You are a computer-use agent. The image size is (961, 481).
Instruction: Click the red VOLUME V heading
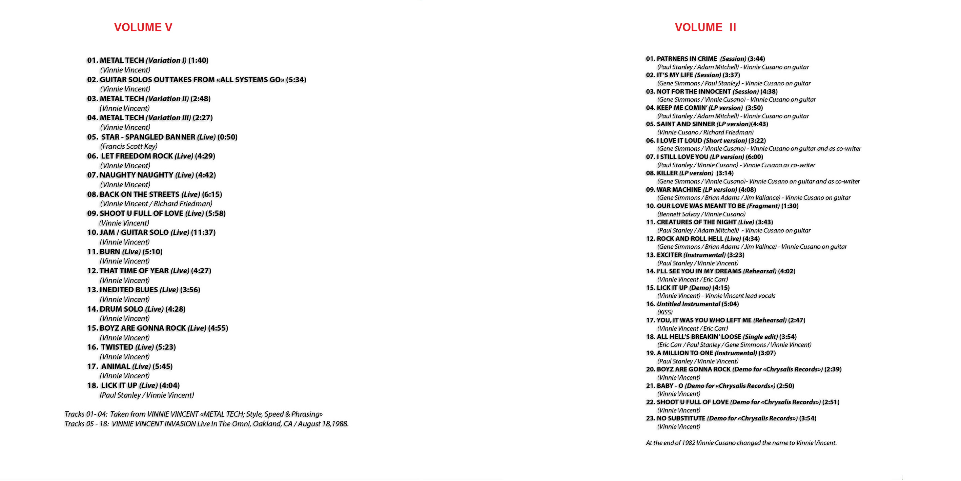pyautogui.click(x=143, y=27)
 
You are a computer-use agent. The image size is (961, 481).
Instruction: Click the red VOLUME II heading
pyautogui.click(x=705, y=27)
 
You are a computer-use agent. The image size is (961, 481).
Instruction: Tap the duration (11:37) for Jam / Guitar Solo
pyautogui.click(x=203, y=232)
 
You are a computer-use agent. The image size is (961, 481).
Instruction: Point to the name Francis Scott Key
pyautogui.click(x=129, y=146)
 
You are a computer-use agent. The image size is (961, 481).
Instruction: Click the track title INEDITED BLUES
pyautogui.click(x=129, y=290)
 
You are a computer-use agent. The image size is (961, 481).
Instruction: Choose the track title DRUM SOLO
pyautogui.click(x=121, y=309)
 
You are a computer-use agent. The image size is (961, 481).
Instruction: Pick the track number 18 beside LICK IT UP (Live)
pyautogui.click(x=93, y=385)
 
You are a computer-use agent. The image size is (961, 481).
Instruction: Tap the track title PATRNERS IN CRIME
pyautogui.click(x=687, y=59)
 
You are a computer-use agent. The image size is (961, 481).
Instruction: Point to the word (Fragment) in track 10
pyautogui.click(x=763, y=206)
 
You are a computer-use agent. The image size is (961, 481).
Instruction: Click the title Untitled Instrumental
pyautogui.click(x=688, y=304)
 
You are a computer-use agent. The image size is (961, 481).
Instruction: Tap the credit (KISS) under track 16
pyautogui.click(x=665, y=312)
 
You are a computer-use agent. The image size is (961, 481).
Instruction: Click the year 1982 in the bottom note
pyautogui.click(x=688, y=443)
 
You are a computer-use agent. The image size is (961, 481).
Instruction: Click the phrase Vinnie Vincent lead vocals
pyautogui.click(x=740, y=296)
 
